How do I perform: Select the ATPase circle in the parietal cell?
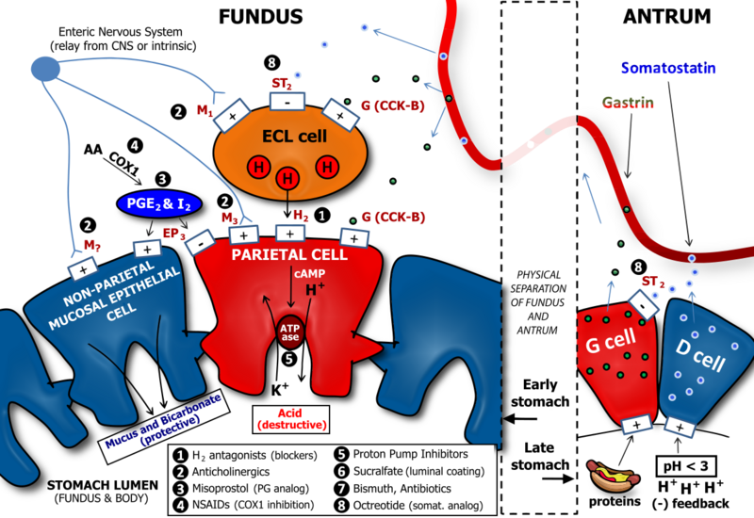click(289, 332)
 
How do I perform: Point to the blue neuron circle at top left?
click(44, 68)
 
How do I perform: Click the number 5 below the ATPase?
click(288, 359)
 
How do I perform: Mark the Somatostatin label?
click(669, 69)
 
